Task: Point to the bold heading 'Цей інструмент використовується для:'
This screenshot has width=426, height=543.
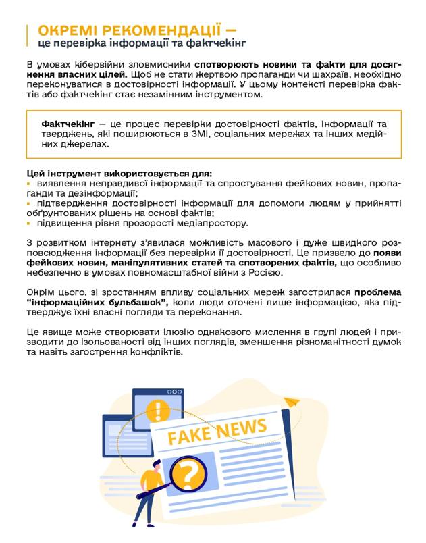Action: [x=119, y=173]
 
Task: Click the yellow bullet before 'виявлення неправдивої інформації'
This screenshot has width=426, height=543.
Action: [x=29, y=184]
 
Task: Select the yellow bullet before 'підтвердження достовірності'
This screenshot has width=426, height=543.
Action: [x=29, y=203]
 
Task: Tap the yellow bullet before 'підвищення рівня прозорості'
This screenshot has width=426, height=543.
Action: [x=29, y=223]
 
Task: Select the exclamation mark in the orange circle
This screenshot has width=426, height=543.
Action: [x=159, y=409]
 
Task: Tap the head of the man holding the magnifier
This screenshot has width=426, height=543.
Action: [x=156, y=466]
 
